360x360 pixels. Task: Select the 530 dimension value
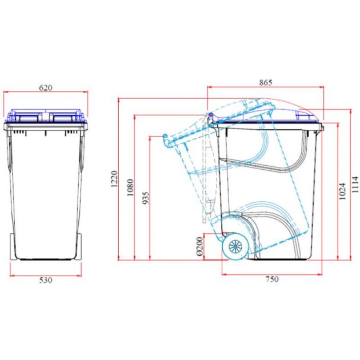pos(46,280)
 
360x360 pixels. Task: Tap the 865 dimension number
pos(265,82)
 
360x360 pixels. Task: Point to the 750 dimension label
pos(271,279)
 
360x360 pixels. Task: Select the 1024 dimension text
pos(341,192)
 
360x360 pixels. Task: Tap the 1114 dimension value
pos(355,184)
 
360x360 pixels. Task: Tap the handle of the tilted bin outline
pos(166,138)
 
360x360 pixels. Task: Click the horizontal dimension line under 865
pos(265,87)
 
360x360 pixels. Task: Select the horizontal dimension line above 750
pos(271,274)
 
